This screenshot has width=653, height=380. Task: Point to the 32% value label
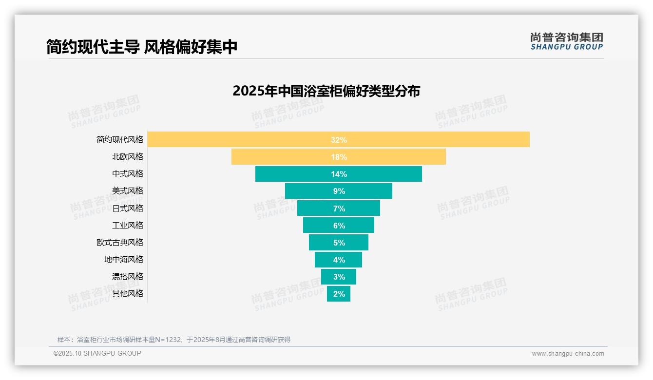tap(339, 140)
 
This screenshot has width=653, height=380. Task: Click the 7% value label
tap(339, 209)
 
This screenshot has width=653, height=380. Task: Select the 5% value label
tap(339, 243)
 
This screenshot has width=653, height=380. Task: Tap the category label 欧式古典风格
tap(120, 243)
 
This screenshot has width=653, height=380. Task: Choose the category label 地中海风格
tap(124, 260)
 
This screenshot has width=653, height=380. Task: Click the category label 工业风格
tap(128, 226)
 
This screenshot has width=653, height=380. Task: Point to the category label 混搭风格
tap(128, 277)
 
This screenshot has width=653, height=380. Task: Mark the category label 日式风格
tap(128, 209)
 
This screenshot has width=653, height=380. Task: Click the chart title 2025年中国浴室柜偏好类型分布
tap(326, 91)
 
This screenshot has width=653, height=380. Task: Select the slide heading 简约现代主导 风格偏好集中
tap(142, 47)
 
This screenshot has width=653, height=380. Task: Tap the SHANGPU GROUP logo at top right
tap(566, 41)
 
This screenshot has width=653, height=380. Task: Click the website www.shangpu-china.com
tap(568, 354)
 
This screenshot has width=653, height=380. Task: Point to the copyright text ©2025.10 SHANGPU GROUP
tap(97, 353)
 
